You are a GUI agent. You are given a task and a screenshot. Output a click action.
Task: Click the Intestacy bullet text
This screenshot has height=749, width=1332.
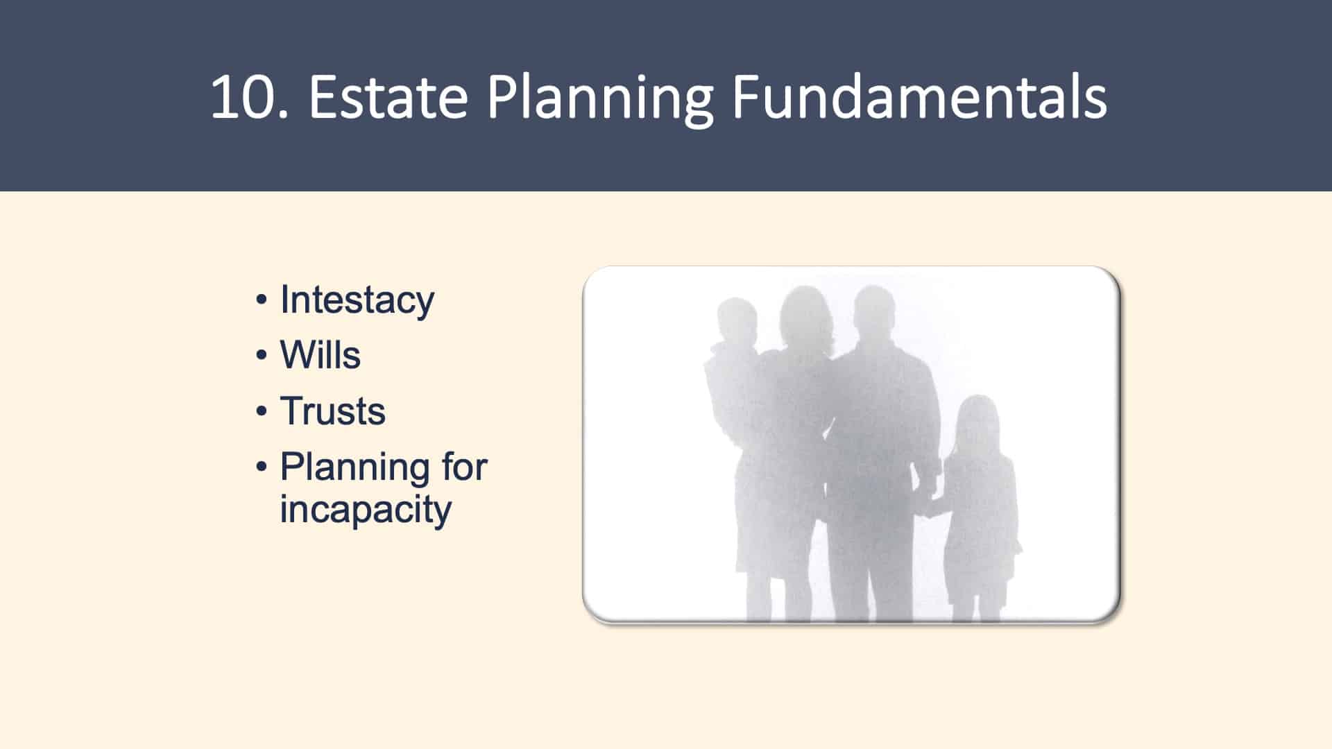[357, 301]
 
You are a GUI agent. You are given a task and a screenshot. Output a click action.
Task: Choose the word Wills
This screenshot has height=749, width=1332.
[321, 354]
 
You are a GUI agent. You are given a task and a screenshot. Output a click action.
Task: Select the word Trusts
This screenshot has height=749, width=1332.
[333, 411]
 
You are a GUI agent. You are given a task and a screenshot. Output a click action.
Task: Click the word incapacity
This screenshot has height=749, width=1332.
[366, 510]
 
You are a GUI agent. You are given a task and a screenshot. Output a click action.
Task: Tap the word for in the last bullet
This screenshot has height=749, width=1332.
[464, 466]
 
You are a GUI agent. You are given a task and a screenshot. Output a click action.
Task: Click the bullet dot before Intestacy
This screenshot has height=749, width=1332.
[262, 300]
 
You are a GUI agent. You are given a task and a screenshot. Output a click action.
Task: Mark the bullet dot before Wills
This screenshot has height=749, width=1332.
[262, 356]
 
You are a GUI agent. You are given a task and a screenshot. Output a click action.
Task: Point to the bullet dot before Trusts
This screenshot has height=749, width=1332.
[262, 411]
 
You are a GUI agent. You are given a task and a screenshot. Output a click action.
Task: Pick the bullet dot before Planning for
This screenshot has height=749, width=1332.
[262, 467]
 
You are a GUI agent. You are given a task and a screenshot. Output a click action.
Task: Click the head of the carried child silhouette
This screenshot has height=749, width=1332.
[736, 321]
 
